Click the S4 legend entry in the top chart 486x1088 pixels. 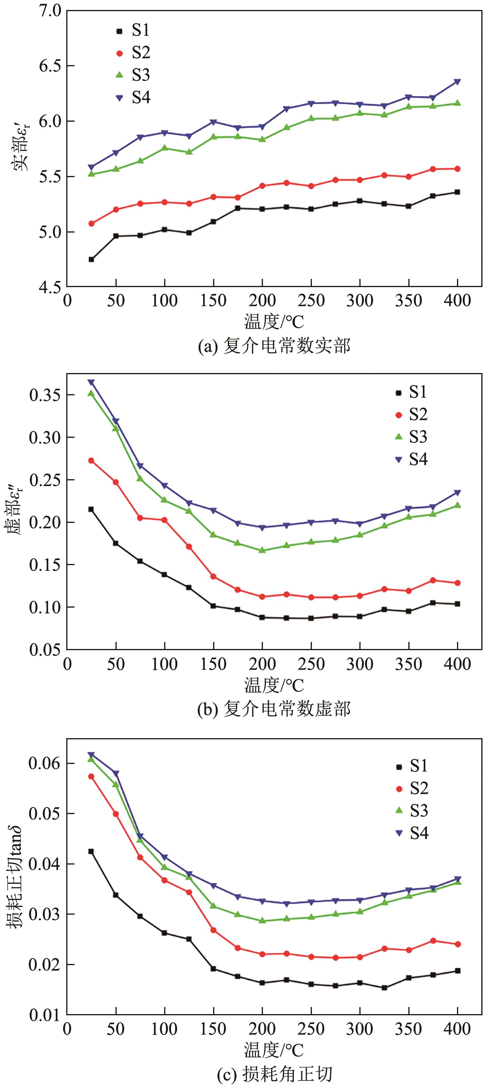click(x=133, y=98)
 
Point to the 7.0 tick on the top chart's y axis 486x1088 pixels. click(x=50, y=10)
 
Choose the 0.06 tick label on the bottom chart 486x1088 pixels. click(x=44, y=764)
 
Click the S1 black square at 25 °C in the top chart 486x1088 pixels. click(x=91, y=259)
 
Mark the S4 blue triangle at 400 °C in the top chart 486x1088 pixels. click(x=457, y=82)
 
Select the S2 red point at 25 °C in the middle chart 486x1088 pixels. click(x=91, y=460)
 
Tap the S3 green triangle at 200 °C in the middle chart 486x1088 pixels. click(x=262, y=550)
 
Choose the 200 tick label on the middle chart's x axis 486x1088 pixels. click(x=262, y=664)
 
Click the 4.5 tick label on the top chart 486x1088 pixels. click(x=50, y=287)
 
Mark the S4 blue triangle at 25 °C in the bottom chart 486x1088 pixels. click(x=91, y=755)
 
